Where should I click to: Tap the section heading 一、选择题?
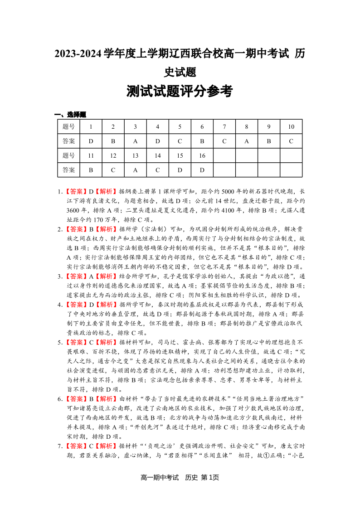click(x=70, y=115)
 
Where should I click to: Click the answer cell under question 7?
click(x=224, y=141)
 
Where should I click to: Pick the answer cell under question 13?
click(x=136, y=170)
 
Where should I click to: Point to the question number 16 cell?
click(x=202, y=155)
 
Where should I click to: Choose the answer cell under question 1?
click(x=91, y=141)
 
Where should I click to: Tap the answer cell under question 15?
click(x=180, y=170)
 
